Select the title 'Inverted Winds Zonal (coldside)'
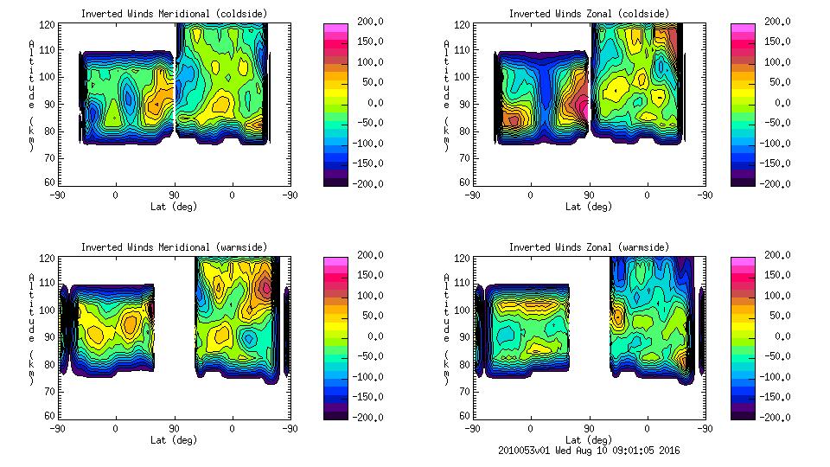588,13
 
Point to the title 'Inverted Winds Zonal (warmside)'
588,246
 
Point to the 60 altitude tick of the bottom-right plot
463,416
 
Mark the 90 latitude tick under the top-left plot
174,195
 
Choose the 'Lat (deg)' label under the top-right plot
589,207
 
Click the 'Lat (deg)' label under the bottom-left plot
174,440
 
